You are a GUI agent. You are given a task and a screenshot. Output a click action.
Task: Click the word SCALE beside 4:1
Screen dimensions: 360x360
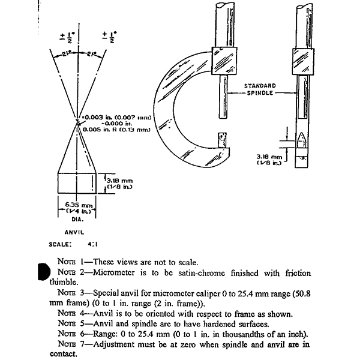coord(60,244)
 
